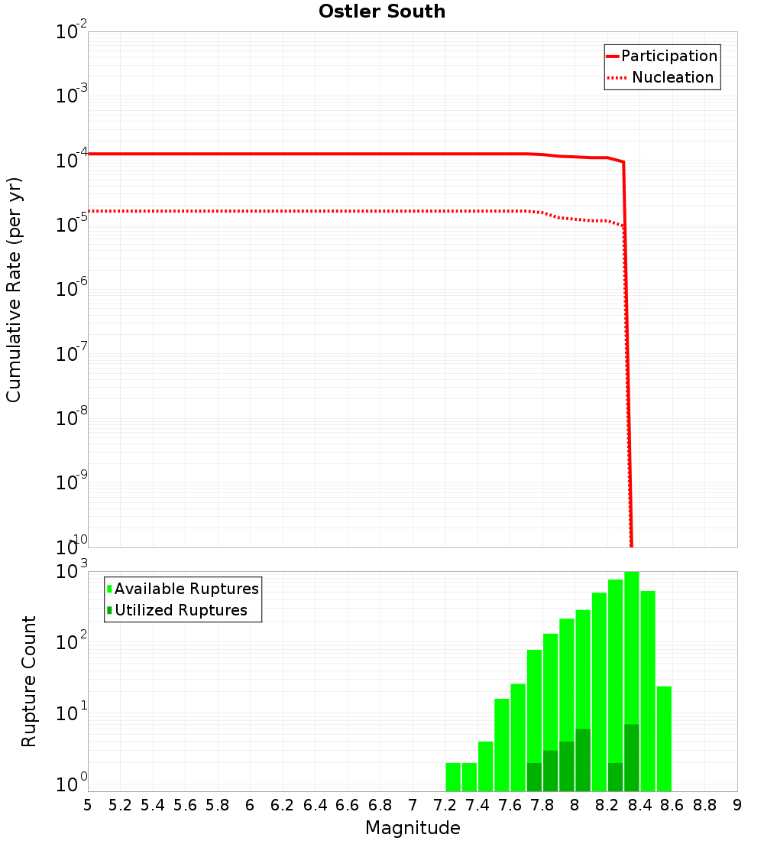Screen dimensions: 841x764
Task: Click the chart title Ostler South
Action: pyautogui.click(x=382, y=11)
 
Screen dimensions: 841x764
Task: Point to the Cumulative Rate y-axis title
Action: pyautogui.click(x=14, y=290)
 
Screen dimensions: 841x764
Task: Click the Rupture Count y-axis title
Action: pyautogui.click(x=29, y=681)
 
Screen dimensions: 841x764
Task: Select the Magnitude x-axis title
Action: pyautogui.click(x=413, y=828)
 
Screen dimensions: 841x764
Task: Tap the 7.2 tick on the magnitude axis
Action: pyautogui.click(x=445, y=805)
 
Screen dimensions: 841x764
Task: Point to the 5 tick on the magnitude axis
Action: pyautogui.click(x=88, y=805)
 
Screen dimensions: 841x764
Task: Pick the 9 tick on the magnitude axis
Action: pyautogui.click(x=737, y=805)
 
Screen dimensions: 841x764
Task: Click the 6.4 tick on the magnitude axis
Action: pyautogui.click(x=315, y=805)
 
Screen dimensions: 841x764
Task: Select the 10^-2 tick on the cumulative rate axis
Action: pyautogui.click(x=73, y=32)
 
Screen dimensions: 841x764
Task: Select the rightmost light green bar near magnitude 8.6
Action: pyautogui.click(x=664, y=739)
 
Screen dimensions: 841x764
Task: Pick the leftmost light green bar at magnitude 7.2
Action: pyautogui.click(x=453, y=777)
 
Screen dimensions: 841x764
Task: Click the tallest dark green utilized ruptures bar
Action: pyautogui.click(x=632, y=757)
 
